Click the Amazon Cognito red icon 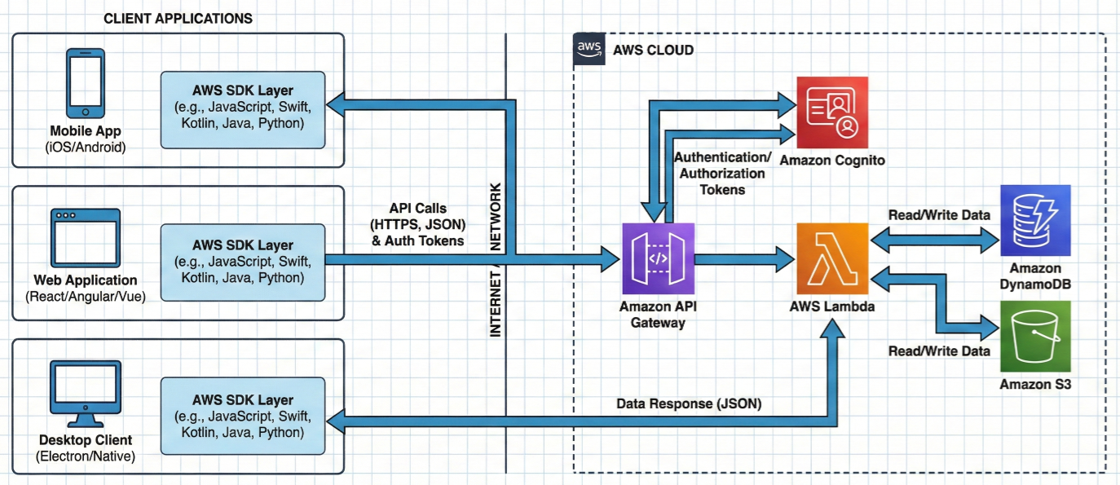(x=831, y=112)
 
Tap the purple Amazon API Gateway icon (x=658, y=258)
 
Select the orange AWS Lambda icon (x=832, y=258)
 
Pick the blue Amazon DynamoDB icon (x=1035, y=220)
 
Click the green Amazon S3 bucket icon (x=1035, y=336)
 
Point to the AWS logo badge (x=589, y=49)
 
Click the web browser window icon (x=86, y=239)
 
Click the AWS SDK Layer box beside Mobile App (x=243, y=109)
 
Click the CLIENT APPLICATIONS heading (x=178, y=18)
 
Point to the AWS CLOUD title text (x=653, y=51)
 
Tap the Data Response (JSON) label (x=689, y=403)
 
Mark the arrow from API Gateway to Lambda (x=744, y=259)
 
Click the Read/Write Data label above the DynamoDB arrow (x=940, y=215)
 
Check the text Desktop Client (x=85, y=440)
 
